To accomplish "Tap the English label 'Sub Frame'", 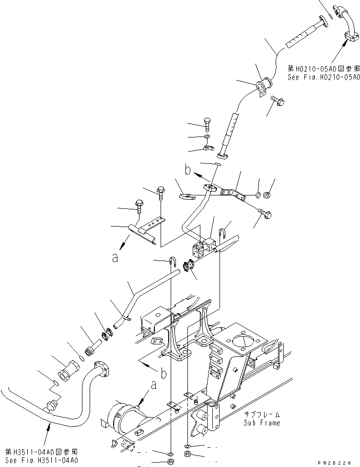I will [x=262, y=423].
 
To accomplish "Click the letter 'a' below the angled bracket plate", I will [x=115, y=258].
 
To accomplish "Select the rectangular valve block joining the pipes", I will [x=200, y=246].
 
